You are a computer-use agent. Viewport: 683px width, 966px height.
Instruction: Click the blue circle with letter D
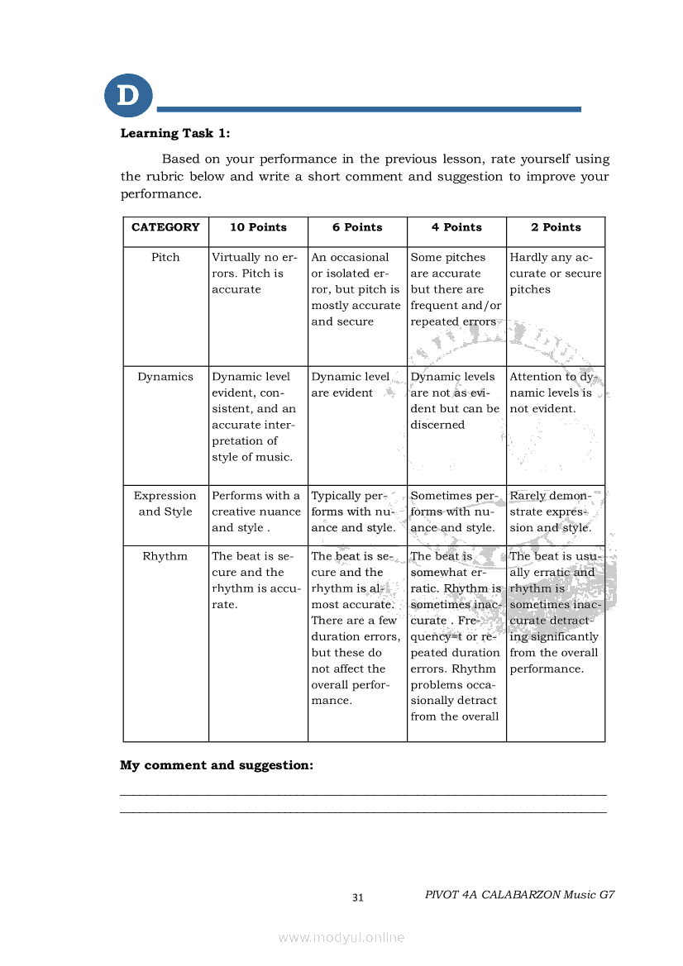(x=128, y=95)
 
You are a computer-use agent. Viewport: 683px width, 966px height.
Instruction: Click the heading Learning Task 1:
(x=175, y=133)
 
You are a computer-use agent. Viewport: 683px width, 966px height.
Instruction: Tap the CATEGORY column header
(x=165, y=227)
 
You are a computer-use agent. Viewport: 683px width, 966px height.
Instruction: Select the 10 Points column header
(x=258, y=227)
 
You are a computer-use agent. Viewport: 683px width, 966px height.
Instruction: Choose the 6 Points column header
(x=357, y=227)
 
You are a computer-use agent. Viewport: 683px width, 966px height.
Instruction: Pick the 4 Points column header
(x=456, y=227)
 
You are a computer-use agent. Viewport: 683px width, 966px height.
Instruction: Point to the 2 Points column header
(x=556, y=227)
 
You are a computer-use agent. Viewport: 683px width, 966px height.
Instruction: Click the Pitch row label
(x=165, y=257)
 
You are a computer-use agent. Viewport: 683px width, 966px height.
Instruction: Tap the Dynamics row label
(x=165, y=377)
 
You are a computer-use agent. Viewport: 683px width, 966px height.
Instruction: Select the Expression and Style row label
(x=165, y=503)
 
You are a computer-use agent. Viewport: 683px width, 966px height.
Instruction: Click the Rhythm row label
(x=165, y=556)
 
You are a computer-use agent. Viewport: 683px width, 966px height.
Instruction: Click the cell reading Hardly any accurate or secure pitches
(x=555, y=274)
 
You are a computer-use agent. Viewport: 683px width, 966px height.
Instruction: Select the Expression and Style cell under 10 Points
(x=256, y=512)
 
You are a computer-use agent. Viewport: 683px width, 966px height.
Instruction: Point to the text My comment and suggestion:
(x=217, y=765)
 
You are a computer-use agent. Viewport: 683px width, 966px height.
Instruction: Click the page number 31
(x=358, y=897)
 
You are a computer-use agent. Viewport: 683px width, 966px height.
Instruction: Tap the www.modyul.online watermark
(x=341, y=937)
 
